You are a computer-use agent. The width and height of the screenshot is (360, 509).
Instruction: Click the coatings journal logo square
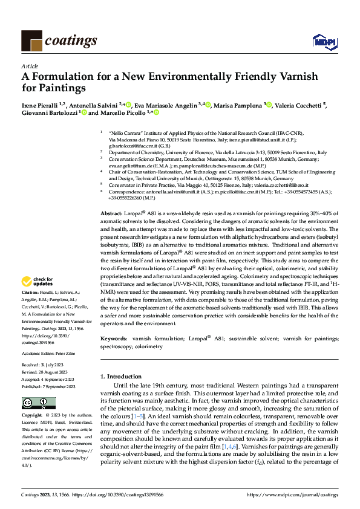(31, 41)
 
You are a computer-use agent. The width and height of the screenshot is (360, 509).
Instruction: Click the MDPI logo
(321, 41)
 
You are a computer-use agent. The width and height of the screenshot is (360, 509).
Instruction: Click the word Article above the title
(30, 66)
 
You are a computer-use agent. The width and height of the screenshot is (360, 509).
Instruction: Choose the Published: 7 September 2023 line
(48, 386)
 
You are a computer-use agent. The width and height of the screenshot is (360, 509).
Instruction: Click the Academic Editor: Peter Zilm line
(49, 353)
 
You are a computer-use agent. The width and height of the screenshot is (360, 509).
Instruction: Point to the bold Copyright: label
(31, 416)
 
